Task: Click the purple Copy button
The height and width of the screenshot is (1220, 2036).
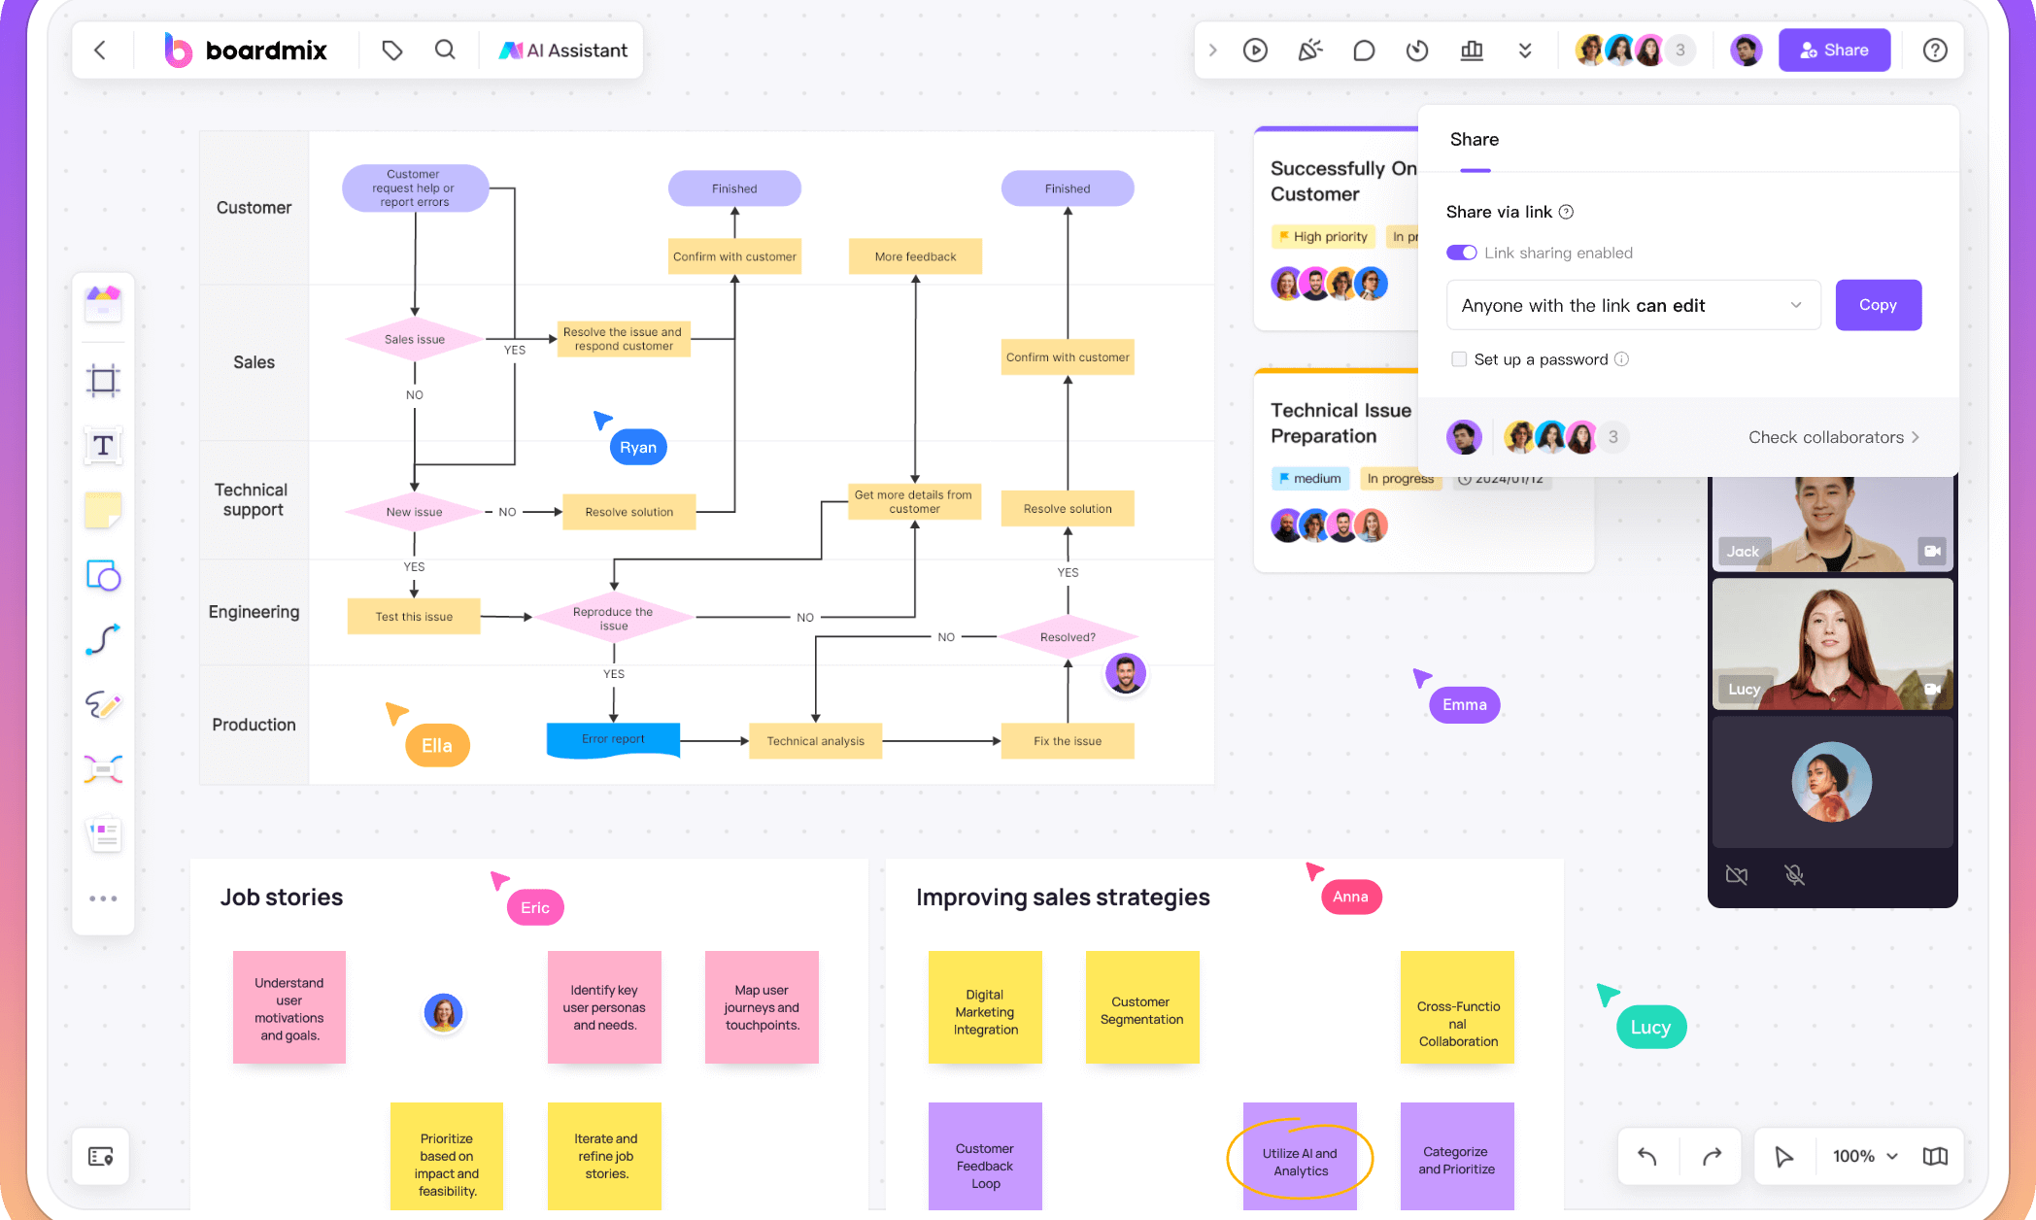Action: point(1878,305)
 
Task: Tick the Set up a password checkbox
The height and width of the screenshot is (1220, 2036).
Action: point(1459,359)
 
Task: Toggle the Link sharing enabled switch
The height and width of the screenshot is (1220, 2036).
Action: point(1461,253)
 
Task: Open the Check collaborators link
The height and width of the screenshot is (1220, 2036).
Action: point(1833,437)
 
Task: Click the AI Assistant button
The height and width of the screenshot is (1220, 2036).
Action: point(563,51)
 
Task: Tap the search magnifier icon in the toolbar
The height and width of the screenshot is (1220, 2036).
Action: point(445,51)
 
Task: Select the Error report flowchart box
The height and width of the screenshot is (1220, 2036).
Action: point(613,739)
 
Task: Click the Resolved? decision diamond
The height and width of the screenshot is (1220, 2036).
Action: point(1068,637)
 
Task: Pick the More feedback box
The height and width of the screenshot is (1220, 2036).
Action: point(915,256)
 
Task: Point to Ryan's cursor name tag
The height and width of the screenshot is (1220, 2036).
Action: point(638,448)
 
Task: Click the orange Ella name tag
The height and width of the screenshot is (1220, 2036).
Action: point(437,746)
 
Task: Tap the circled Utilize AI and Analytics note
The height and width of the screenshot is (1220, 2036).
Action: point(1300,1161)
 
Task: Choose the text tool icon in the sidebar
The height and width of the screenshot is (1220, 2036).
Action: point(103,446)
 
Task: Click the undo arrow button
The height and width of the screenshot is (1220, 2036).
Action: point(1647,1156)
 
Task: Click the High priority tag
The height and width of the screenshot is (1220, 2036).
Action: point(1324,236)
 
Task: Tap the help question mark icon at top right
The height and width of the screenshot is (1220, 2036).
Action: point(1935,51)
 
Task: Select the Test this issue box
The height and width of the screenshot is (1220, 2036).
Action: point(414,617)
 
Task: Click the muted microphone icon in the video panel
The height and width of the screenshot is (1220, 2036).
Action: point(1794,875)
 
